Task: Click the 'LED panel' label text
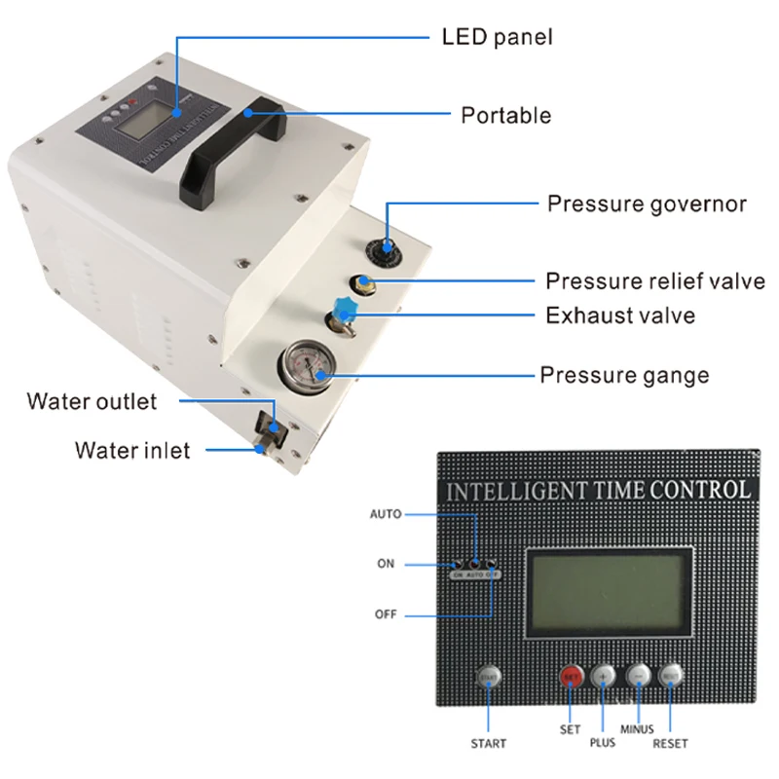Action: click(x=497, y=38)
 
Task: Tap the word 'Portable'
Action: click(x=505, y=115)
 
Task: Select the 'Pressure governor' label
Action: click(x=647, y=204)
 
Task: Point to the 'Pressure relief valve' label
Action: click(x=654, y=281)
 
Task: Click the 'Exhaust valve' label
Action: click(x=620, y=315)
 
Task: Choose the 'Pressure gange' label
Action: click(x=624, y=375)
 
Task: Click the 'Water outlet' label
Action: click(x=92, y=401)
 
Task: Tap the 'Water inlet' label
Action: click(x=132, y=450)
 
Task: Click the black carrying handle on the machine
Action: click(x=232, y=148)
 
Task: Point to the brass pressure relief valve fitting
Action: click(x=360, y=283)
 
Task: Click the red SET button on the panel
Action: click(x=571, y=676)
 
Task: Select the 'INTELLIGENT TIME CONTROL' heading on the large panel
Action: click(x=597, y=490)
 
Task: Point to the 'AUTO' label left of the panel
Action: click(x=386, y=513)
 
